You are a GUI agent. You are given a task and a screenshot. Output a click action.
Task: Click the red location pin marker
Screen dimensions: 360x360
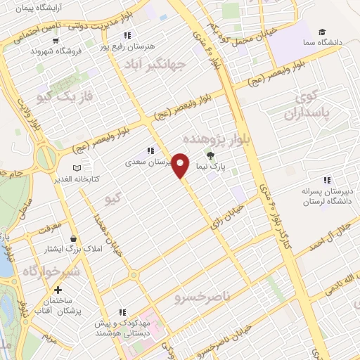181,165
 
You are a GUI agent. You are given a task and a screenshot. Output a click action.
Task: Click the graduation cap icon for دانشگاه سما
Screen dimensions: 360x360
321,32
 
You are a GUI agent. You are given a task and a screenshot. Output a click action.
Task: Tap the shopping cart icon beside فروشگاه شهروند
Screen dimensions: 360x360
34,50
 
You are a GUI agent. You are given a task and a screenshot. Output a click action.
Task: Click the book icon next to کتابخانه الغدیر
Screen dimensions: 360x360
77,168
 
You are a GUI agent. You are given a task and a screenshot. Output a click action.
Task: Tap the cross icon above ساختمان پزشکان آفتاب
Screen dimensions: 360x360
57,290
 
